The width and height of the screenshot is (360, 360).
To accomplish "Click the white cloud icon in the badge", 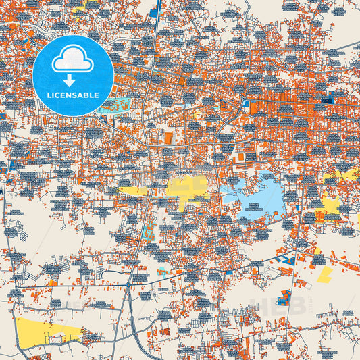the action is (x=73, y=60).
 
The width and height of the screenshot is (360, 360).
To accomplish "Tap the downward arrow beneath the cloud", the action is (x=73, y=78).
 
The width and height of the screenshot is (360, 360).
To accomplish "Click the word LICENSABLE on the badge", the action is (x=73, y=95).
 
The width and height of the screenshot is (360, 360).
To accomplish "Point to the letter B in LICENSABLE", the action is (x=88, y=95).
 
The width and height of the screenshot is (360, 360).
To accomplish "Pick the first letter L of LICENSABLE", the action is (x=49, y=95).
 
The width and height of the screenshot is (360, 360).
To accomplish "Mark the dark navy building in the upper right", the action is (x=330, y=101).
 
